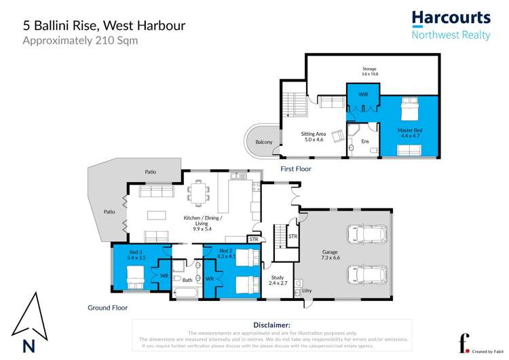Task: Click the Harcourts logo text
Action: click(451, 18)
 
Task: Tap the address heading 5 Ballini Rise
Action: click(104, 25)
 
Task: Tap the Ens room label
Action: click(364, 141)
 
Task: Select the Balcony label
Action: click(264, 142)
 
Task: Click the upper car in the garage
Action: click(364, 234)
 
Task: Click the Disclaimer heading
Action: click(271, 325)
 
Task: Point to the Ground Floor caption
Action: click(107, 308)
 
